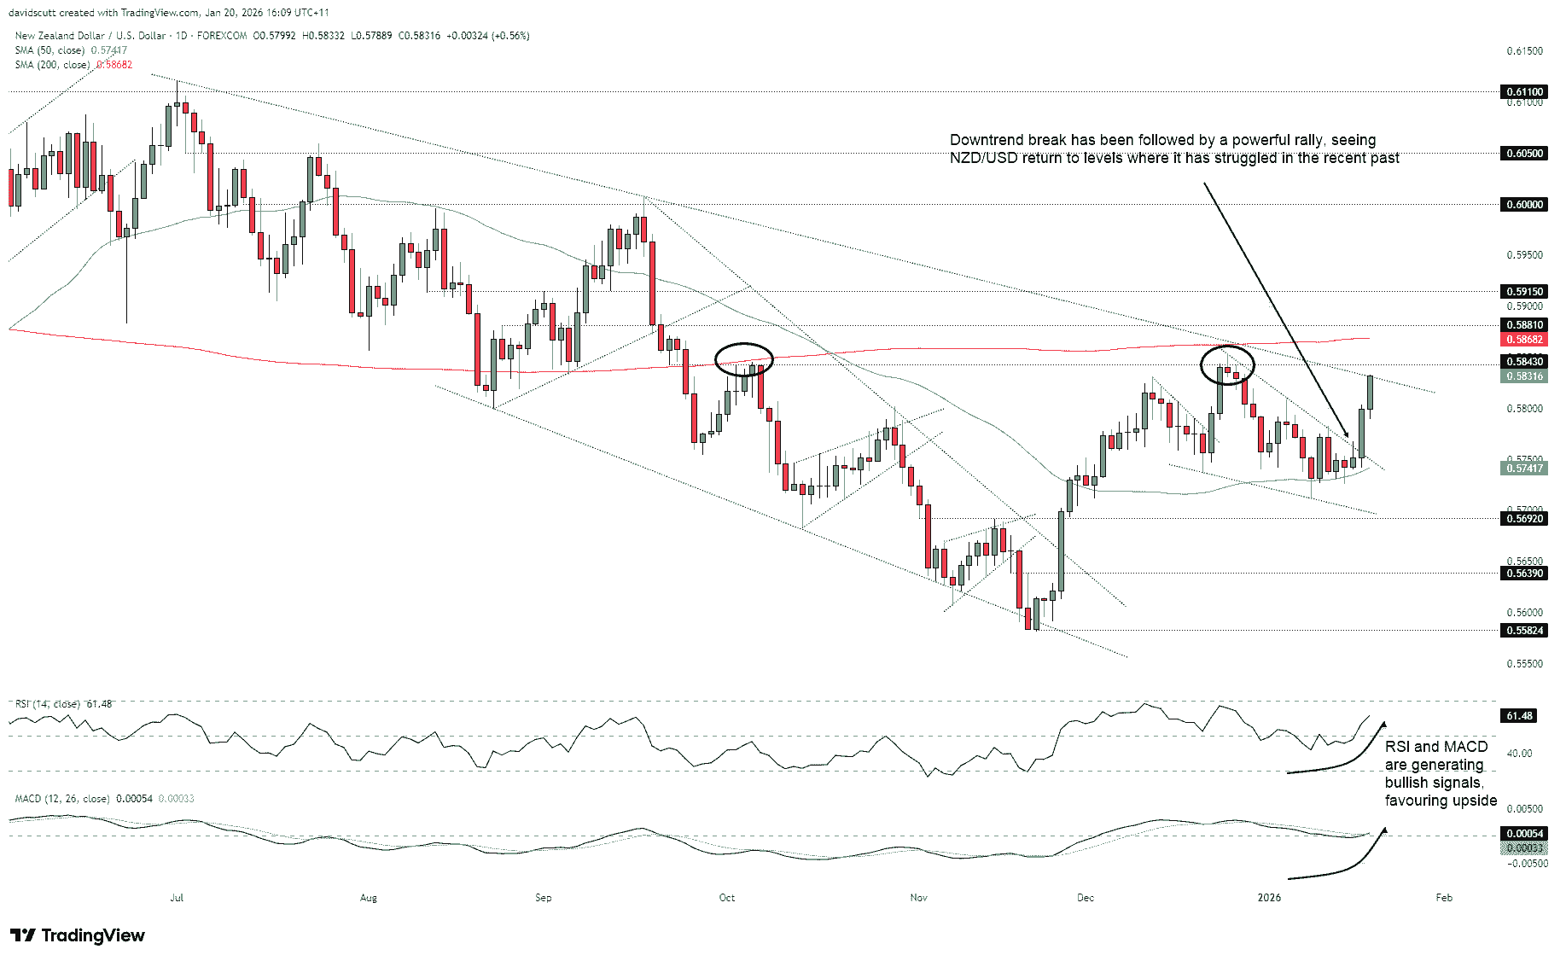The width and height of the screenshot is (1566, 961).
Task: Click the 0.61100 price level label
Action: click(1524, 92)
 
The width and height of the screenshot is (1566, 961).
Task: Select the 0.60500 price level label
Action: click(1524, 154)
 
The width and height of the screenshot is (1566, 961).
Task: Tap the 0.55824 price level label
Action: click(1524, 631)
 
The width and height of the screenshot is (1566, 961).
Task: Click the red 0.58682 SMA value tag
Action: click(1524, 340)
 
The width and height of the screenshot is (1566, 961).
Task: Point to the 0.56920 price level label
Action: click(1524, 518)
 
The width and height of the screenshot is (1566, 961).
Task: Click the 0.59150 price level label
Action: click(1524, 292)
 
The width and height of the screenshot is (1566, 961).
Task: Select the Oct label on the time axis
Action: click(726, 898)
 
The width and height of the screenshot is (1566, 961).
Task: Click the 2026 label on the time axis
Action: click(1269, 898)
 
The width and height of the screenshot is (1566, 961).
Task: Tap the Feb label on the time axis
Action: click(1443, 898)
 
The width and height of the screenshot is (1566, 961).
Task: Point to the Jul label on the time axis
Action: click(177, 898)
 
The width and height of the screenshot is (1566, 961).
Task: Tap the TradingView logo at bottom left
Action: click(78, 935)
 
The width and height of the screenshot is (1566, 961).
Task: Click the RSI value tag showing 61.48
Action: click(1519, 716)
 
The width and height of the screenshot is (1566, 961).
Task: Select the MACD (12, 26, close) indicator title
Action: click(62, 799)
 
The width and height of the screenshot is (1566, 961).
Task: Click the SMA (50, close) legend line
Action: click(49, 50)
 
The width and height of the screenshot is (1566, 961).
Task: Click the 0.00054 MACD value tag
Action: click(1524, 834)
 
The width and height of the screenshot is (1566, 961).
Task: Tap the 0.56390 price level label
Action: click(1524, 574)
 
